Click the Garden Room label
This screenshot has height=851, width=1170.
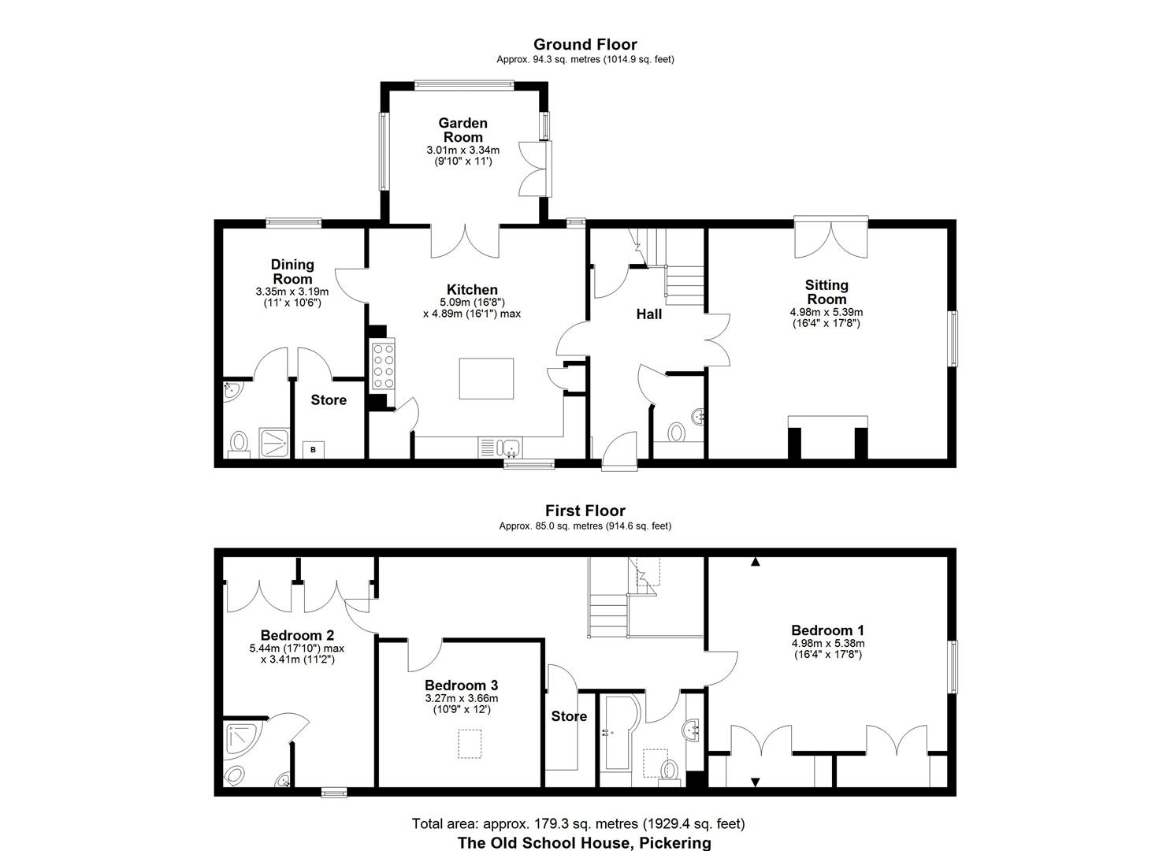(462, 130)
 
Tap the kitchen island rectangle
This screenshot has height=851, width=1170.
(486, 379)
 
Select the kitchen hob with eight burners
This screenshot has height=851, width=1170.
(383, 365)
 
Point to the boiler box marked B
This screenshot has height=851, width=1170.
(313, 450)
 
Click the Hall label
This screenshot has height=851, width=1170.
(648, 314)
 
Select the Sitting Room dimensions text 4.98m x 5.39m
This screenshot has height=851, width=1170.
(826, 312)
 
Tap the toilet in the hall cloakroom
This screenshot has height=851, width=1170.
(676, 432)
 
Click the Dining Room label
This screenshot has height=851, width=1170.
(292, 271)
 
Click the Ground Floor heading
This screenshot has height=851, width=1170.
(585, 45)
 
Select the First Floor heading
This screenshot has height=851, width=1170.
(585, 511)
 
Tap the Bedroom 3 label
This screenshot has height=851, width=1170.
(461, 686)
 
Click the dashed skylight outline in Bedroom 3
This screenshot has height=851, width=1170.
(470, 744)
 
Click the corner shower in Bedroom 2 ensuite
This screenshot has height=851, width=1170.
(241, 739)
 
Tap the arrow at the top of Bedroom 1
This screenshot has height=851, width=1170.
(756, 562)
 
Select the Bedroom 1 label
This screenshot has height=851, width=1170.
(827, 630)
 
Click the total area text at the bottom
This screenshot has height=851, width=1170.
(578, 824)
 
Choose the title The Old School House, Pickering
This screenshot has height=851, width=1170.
(584, 842)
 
